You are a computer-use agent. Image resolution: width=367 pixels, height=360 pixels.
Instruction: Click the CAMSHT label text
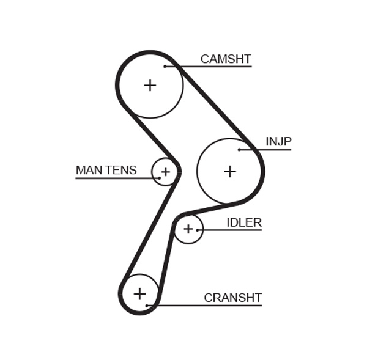226,59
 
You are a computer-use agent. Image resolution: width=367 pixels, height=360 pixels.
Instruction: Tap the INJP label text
278,142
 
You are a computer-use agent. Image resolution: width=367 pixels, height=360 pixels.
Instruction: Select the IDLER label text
244,222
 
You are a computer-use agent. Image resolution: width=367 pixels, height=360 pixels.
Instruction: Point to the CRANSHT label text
232,298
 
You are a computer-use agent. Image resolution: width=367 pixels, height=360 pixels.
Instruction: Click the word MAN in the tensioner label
89,170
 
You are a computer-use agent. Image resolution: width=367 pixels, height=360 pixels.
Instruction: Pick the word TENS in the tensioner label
121,170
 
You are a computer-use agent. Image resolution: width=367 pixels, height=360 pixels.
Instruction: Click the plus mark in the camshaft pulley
150,85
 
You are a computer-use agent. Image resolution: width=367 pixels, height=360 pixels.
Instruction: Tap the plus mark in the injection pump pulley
229,171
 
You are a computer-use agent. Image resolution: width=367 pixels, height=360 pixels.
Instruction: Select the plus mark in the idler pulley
188,229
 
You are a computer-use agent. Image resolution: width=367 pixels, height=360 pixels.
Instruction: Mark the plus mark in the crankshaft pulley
140,294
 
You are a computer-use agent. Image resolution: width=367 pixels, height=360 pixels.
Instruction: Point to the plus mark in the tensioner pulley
165,172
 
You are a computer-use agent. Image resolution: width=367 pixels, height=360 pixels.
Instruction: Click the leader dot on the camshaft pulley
165,66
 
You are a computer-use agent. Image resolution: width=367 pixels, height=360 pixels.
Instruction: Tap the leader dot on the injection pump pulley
240,150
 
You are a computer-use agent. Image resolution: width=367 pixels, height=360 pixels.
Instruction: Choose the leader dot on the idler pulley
198,230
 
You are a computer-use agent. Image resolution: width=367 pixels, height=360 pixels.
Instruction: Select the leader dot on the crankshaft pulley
147,305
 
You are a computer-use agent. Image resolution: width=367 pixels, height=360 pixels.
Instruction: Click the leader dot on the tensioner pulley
159,178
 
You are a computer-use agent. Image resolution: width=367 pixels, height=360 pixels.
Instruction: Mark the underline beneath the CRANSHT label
208,305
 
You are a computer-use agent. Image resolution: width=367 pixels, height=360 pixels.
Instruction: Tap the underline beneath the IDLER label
232,230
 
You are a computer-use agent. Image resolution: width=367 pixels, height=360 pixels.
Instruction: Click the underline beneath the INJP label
269,150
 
